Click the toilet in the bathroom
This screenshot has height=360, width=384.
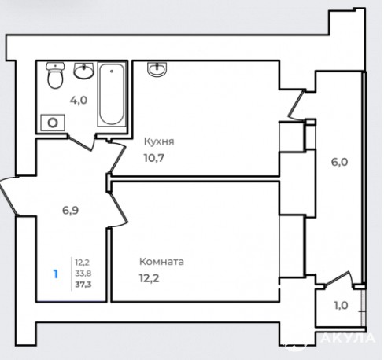[x=55, y=75]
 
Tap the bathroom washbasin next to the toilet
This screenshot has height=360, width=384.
[x=83, y=71]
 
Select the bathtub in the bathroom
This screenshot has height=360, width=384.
[x=112, y=94]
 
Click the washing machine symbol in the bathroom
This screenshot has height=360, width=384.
[x=53, y=123]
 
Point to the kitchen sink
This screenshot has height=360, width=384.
[x=157, y=69]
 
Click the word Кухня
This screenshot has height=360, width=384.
[x=159, y=141]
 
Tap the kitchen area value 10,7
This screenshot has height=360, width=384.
[x=154, y=158]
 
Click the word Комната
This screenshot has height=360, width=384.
[x=161, y=262]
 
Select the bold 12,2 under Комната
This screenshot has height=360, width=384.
[x=150, y=278]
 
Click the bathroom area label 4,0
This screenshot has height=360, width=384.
[x=79, y=100]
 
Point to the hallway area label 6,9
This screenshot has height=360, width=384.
[x=70, y=210]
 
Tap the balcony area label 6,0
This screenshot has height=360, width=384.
[x=339, y=162]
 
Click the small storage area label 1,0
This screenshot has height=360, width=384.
[x=341, y=305]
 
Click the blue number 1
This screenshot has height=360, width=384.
[x=55, y=274]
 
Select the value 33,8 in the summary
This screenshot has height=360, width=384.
[x=83, y=274]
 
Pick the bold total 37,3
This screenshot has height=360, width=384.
[x=83, y=285]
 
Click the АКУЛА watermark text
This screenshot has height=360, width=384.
[x=348, y=338]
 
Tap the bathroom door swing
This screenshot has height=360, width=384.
[x=81, y=143]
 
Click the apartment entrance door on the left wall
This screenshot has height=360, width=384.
[x=9, y=196]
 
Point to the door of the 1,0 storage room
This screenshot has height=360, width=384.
[x=338, y=280]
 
